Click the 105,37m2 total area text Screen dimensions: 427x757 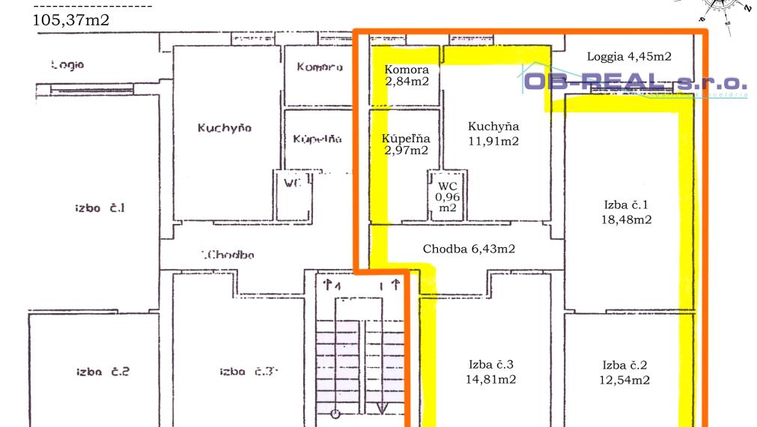[72, 20]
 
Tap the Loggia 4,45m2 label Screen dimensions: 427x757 [629, 56]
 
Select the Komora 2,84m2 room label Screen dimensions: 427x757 [407, 76]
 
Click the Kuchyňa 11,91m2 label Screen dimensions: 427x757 [493, 133]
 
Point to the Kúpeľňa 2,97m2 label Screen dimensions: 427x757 [405, 145]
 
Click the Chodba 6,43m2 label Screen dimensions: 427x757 [469, 249]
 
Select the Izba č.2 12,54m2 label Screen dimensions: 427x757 [625, 373]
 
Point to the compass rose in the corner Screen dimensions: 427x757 [719, 9]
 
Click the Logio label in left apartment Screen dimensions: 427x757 [68, 64]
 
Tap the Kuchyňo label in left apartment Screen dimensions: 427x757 [225, 128]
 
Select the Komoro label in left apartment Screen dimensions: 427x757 [320, 67]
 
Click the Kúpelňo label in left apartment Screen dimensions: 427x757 [317, 139]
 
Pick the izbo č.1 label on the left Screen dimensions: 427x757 [99, 208]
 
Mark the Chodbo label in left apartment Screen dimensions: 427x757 [228, 255]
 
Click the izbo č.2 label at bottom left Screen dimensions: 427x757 [103, 372]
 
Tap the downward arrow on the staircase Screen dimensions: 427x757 [381, 408]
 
